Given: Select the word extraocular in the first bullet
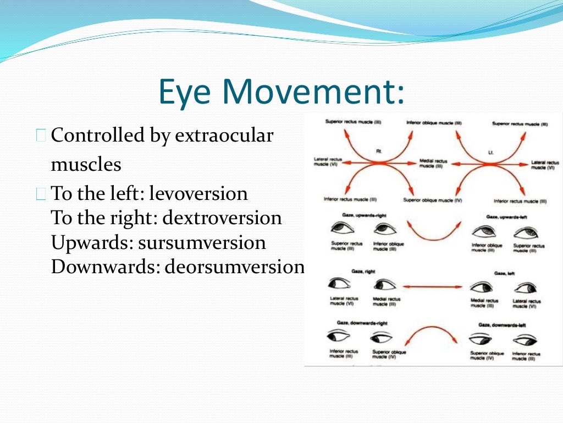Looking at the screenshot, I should (224, 135).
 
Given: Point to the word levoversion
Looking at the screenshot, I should (198, 193).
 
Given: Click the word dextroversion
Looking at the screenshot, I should (222, 218).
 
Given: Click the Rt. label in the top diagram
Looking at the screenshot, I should (379, 150).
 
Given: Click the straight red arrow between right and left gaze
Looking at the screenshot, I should (432, 286).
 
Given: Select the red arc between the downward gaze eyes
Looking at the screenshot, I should (433, 335).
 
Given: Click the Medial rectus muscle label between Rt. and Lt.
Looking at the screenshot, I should (434, 164).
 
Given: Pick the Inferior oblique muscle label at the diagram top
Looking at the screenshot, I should (434, 123).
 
